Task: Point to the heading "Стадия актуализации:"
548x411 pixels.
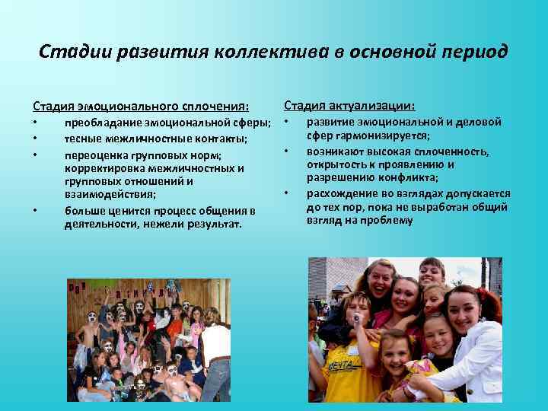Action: click(349, 105)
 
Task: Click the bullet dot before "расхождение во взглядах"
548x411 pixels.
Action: click(287, 193)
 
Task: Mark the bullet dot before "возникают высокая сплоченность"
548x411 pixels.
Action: click(287, 151)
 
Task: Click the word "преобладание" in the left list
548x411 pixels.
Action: click(101, 123)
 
